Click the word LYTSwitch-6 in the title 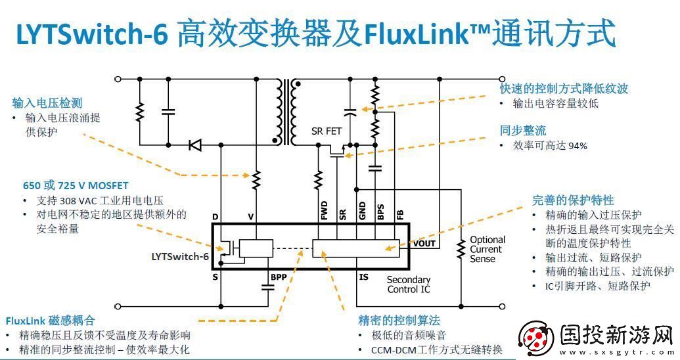coord(91,34)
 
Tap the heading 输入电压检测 coord(47,102)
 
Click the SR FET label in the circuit coord(327,131)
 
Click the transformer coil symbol coord(287,112)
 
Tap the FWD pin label coord(323,212)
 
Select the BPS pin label coord(380,212)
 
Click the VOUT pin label coord(424,244)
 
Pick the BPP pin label coord(279,277)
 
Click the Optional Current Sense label coord(487,249)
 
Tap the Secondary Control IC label coord(408,284)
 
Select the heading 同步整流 coord(523,130)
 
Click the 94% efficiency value coord(578,145)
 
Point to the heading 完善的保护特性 coord(573,200)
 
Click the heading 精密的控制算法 coord(399,320)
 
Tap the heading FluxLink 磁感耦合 coord(51,321)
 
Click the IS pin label coord(363,277)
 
